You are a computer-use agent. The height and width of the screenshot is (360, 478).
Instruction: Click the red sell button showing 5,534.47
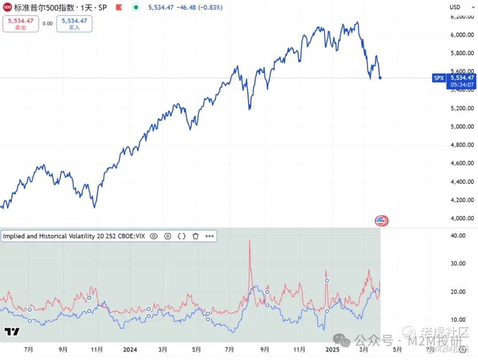click(21, 23)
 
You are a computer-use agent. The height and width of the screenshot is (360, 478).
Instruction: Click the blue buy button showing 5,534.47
click(74, 23)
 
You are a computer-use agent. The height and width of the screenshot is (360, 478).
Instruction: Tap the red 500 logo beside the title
click(7, 8)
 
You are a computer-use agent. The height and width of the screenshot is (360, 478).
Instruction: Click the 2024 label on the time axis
click(130, 350)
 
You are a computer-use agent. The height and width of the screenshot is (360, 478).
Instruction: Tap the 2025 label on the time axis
click(332, 350)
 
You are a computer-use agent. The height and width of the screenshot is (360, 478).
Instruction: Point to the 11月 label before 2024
click(97, 350)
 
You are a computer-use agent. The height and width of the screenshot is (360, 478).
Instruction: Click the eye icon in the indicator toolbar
click(154, 236)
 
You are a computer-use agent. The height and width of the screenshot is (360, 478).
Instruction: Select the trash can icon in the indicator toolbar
click(196, 236)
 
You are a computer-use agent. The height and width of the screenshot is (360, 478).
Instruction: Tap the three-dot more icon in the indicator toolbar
click(210, 236)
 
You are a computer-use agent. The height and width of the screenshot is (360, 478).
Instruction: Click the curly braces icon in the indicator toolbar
click(181, 236)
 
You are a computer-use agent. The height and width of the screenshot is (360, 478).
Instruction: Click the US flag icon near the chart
click(381, 221)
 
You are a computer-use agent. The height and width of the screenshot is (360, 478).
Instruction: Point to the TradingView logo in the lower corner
click(12, 332)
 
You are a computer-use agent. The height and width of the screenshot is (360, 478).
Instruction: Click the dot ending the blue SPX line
click(380, 78)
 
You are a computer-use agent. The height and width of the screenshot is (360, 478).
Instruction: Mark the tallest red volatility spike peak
click(250, 240)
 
